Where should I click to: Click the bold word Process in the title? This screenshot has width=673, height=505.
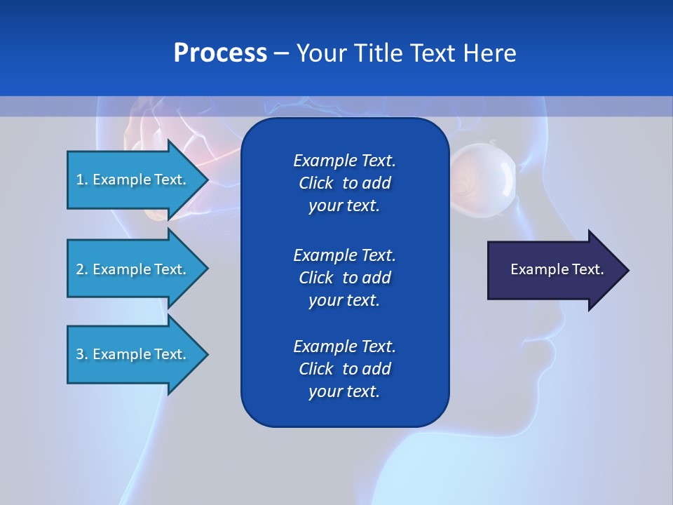pyautogui.click(x=220, y=53)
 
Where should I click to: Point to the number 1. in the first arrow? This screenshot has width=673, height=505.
pyautogui.click(x=82, y=180)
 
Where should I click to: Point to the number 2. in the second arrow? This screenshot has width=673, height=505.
pyautogui.click(x=82, y=269)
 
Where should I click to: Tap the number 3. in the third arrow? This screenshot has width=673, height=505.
pyautogui.click(x=82, y=354)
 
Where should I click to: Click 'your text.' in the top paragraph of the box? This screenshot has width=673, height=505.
pyautogui.click(x=344, y=206)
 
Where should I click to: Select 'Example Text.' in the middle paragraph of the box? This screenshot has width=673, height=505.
pyautogui.click(x=344, y=255)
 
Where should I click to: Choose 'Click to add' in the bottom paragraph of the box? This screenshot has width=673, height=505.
pyautogui.click(x=344, y=369)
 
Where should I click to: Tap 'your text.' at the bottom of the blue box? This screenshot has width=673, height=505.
pyautogui.click(x=344, y=391)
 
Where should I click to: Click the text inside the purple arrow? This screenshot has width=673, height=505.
pyautogui.click(x=557, y=269)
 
